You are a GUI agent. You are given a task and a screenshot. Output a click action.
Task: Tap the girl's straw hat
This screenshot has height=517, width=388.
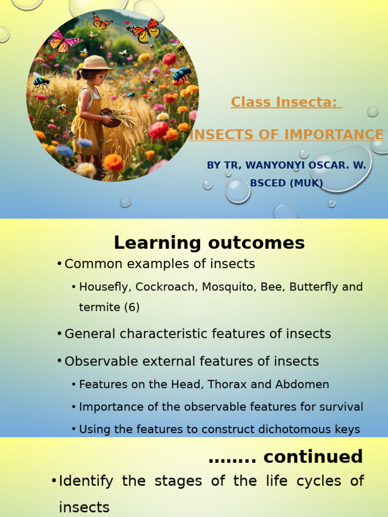pos(94,64)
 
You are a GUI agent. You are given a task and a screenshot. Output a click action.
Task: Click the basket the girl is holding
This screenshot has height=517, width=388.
pos(112,119)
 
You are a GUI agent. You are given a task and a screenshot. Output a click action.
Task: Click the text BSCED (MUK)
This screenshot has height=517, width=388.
pos(286,183)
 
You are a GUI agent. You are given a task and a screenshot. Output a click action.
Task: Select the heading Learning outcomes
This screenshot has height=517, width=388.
pos(209,243)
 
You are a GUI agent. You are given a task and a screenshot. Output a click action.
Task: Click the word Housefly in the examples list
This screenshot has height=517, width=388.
pos(104,287)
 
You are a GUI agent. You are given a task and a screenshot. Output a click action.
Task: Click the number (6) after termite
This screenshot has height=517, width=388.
pos(131,307)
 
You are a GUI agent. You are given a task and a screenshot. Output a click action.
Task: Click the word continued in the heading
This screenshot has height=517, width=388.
pos(313,456)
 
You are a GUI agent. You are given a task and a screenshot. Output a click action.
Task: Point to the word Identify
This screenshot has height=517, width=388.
pos(86,481)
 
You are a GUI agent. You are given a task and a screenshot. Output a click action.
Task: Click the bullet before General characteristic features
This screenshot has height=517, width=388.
pos(60,334)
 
